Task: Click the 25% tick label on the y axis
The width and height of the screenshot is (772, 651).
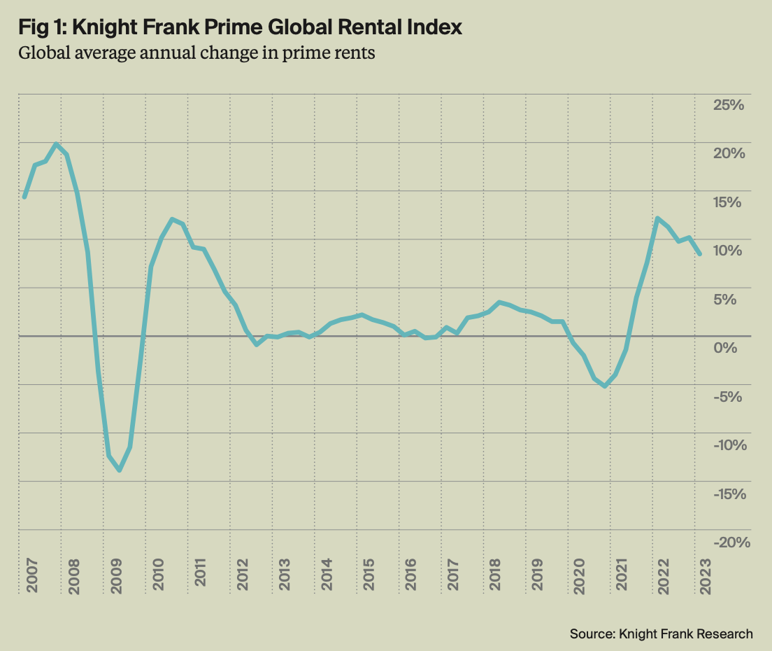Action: pos(729,105)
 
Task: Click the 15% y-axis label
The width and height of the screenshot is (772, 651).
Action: pos(729,202)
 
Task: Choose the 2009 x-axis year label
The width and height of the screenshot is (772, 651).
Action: pos(116,575)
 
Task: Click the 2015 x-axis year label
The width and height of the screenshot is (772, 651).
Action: pos(369,575)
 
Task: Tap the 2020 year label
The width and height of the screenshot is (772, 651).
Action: pos(578,575)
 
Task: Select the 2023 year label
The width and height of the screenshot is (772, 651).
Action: pos(704,575)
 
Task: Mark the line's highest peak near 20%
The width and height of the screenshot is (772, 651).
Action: pos(56,144)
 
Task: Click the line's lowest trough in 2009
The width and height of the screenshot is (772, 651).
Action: pos(120,470)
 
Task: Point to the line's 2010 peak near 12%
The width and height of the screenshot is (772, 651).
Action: pos(172,219)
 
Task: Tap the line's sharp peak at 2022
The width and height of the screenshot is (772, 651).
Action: pos(657,218)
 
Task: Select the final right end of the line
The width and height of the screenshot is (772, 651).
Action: pos(700,254)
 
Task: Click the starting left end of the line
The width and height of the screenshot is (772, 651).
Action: pos(24,197)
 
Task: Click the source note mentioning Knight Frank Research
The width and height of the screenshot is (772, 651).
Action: pos(662,633)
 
